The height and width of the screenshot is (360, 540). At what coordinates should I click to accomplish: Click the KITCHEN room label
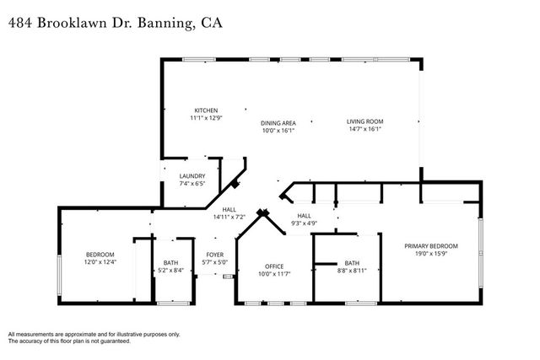[x=207, y=110]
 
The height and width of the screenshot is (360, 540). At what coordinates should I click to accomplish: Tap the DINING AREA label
[x=278, y=123]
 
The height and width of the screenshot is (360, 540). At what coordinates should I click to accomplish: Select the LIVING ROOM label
[x=364, y=122]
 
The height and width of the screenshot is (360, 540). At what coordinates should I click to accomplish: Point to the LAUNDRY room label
[x=192, y=175]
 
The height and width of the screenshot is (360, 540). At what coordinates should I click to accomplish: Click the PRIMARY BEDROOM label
[x=434, y=244]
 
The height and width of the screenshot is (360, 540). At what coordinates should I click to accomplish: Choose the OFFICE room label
[x=275, y=266]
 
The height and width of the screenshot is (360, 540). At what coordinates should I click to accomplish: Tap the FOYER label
[x=215, y=255]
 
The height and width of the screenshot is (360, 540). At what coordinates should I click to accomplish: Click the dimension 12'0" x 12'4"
[x=100, y=262]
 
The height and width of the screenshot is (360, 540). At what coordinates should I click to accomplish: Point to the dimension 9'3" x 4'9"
[x=304, y=223]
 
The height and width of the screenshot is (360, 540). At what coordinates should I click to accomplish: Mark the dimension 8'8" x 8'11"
[x=352, y=271]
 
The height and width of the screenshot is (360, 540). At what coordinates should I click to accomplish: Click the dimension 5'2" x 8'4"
[x=170, y=271]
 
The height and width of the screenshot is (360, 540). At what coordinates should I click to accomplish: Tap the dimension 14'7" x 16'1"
[x=364, y=130]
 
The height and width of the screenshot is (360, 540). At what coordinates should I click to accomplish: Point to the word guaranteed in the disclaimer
[x=111, y=341]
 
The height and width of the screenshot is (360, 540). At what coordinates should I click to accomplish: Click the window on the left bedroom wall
[x=59, y=258]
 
